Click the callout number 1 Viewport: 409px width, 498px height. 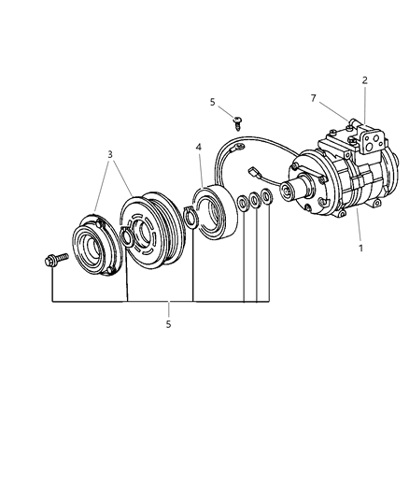(x=360, y=248)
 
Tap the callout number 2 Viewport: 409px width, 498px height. (x=365, y=80)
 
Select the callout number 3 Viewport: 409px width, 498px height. (x=110, y=155)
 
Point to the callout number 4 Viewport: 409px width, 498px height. (x=199, y=147)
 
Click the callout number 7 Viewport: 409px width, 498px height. (x=314, y=98)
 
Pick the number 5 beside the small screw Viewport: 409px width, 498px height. (x=212, y=102)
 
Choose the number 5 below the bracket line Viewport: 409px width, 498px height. (x=168, y=324)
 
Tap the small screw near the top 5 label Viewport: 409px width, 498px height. (x=237, y=123)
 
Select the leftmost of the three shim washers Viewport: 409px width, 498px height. (x=243, y=203)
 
